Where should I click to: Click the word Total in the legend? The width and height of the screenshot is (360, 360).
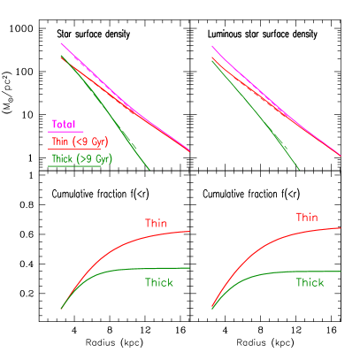click(64, 125)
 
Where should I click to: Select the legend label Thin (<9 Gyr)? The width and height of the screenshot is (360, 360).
click(73, 142)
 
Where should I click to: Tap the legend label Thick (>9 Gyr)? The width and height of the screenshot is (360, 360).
click(74, 159)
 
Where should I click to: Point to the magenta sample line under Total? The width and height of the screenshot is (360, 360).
click(65, 132)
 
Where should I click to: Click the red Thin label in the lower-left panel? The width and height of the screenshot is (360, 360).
click(156, 223)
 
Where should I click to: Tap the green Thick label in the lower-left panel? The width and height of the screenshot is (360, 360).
click(159, 282)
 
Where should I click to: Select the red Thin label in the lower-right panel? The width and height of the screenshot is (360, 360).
click(307, 217)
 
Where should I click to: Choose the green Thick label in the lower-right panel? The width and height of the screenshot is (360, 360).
click(310, 282)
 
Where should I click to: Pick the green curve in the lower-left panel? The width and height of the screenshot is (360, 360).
click(133, 269)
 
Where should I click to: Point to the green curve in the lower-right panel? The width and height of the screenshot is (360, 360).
click(283, 272)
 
